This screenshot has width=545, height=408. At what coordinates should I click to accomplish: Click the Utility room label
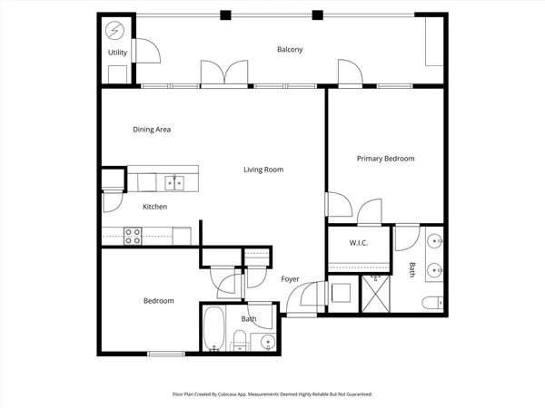click(118, 53)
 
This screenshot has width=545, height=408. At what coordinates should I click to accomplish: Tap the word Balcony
click(290, 49)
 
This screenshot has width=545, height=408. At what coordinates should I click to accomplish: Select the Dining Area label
click(152, 130)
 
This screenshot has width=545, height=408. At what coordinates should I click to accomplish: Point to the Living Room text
click(263, 170)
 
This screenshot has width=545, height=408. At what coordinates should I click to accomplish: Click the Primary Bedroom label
click(385, 159)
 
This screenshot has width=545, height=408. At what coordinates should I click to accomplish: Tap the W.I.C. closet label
click(358, 244)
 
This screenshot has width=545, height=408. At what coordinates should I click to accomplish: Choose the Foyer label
click(290, 278)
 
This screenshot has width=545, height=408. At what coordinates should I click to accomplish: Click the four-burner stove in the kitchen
click(133, 236)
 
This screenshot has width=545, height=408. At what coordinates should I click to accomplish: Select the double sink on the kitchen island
click(174, 183)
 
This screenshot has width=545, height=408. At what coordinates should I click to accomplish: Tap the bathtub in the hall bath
click(214, 328)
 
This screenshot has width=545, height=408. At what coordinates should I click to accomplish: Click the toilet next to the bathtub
click(239, 340)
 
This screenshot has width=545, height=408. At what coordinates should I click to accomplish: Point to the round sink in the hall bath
click(266, 342)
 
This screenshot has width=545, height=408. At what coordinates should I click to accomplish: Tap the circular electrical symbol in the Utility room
click(115, 31)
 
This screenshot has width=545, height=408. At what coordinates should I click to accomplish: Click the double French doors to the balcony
click(224, 73)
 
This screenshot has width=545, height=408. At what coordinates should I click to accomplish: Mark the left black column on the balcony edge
click(225, 15)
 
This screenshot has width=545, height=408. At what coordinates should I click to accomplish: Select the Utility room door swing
click(145, 53)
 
